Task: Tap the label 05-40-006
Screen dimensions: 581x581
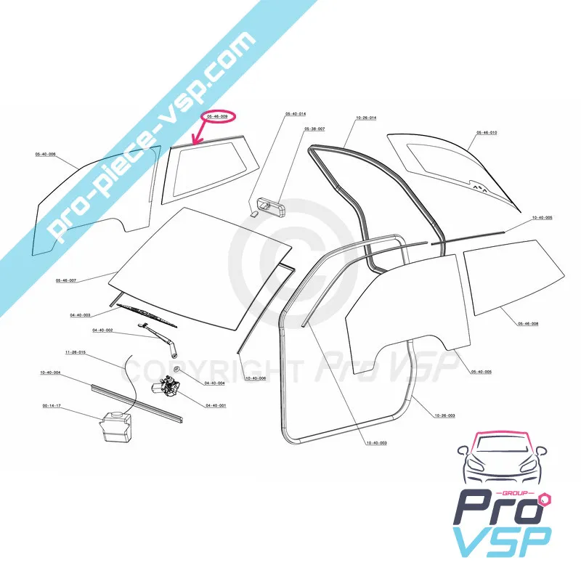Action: click(46, 154)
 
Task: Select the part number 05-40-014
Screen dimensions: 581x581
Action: click(296, 115)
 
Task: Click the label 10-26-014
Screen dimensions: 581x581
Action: click(366, 118)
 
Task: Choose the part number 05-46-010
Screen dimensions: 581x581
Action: click(487, 133)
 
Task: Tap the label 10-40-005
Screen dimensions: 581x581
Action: click(542, 218)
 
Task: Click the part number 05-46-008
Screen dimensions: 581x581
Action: click(528, 324)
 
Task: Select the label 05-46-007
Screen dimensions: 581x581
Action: click(66, 280)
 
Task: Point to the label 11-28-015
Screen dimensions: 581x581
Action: click(75, 352)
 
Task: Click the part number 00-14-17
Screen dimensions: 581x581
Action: click(52, 406)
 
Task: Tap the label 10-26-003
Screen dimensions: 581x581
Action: click(444, 415)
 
